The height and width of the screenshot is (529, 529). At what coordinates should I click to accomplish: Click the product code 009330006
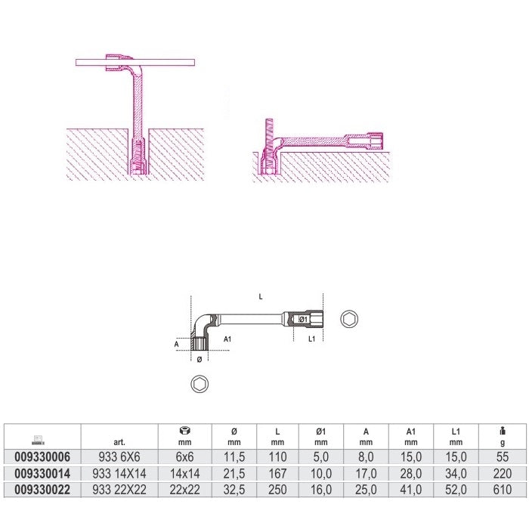(x=42, y=457)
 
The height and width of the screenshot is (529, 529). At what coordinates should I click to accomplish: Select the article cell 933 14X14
(x=119, y=474)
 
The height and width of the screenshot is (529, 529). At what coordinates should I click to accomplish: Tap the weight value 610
(x=503, y=490)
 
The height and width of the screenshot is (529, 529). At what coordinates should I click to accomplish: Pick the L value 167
(x=277, y=474)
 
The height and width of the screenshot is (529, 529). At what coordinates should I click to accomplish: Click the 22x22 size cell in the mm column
(x=184, y=490)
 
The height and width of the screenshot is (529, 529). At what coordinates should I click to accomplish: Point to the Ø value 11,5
(x=234, y=457)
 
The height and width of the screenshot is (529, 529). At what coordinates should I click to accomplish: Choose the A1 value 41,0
(x=411, y=490)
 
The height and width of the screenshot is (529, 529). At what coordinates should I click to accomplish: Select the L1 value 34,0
(x=456, y=474)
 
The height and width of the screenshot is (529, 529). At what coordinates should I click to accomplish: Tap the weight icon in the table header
(x=503, y=431)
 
